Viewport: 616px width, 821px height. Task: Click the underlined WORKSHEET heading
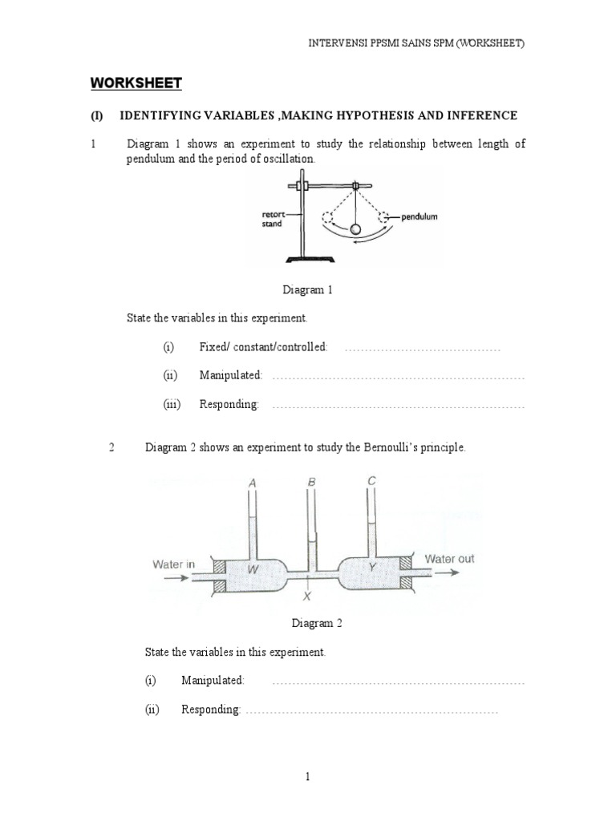point(136,83)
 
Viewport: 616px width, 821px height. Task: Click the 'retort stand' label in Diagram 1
point(274,219)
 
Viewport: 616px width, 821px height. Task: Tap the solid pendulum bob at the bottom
point(355,230)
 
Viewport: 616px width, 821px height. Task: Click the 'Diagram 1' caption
point(308,290)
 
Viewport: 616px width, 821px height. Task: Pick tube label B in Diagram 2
point(311,482)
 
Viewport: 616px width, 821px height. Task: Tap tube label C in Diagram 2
point(371,481)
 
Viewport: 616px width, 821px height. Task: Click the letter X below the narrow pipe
point(306,597)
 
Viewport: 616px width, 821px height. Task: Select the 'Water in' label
point(174,564)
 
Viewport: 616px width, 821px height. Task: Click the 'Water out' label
point(449,559)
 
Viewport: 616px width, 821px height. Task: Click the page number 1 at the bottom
point(307,776)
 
